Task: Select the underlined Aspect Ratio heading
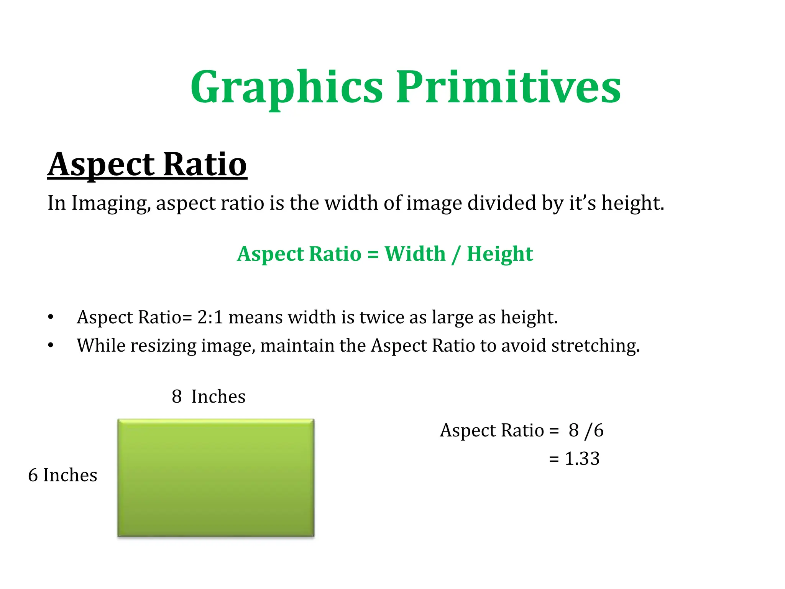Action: pos(147,165)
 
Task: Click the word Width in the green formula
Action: pos(415,254)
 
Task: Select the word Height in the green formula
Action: pos(499,254)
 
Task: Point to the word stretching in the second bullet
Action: pos(595,346)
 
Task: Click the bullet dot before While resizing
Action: pos(51,346)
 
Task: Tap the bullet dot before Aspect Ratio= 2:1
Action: pos(51,317)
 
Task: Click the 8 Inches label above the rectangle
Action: pos(209,397)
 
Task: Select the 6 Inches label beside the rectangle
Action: pos(62,475)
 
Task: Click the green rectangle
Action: pos(216,478)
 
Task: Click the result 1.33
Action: pos(582,459)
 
